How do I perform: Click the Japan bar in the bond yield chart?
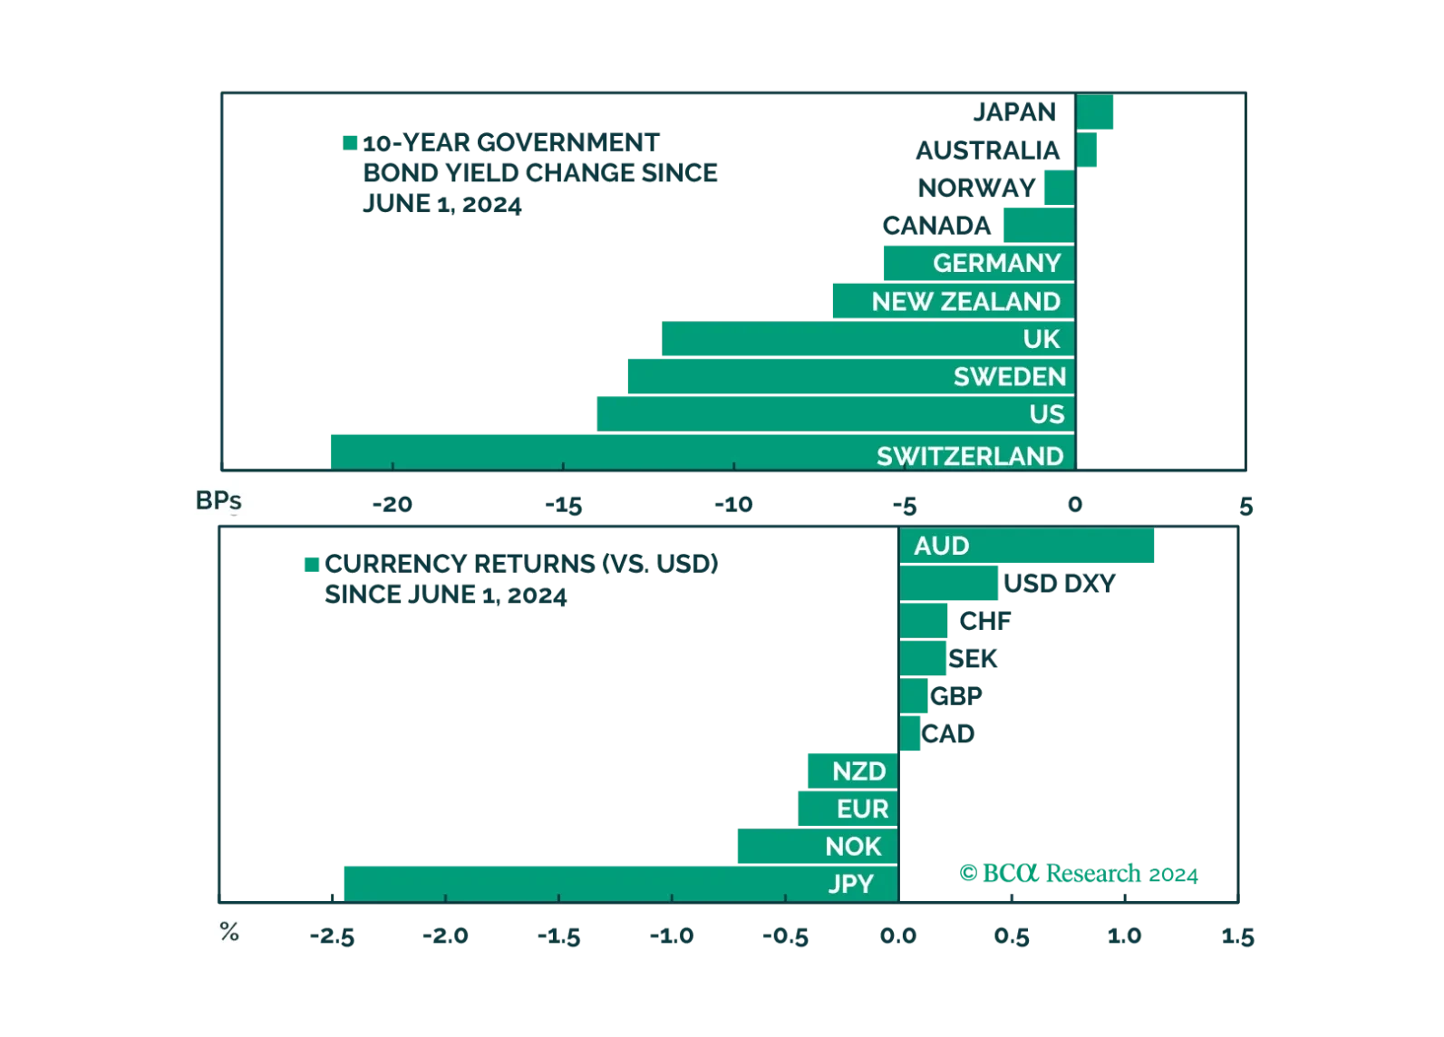point(1094,112)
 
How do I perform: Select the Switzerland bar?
point(703,452)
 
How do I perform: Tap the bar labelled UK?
point(868,338)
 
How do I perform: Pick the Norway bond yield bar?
point(1060,188)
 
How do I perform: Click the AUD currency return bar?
point(1027,546)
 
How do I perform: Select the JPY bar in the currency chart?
point(622,884)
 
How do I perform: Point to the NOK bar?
point(818,847)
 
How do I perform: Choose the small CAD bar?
point(909,733)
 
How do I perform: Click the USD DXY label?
point(1059,583)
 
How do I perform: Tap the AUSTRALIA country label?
point(987,150)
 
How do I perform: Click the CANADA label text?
point(936,226)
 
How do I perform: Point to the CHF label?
point(985,621)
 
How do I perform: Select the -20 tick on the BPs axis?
point(392,504)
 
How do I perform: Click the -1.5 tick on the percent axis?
point(559,935)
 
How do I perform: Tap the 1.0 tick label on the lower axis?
point(1124,935)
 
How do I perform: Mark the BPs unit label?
point(218,500)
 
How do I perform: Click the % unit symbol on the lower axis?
point(229,931)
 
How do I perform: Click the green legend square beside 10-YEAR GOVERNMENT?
point(350,142)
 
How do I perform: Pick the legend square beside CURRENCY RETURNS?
point(312,565)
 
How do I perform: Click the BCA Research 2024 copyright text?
point(1079,873)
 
